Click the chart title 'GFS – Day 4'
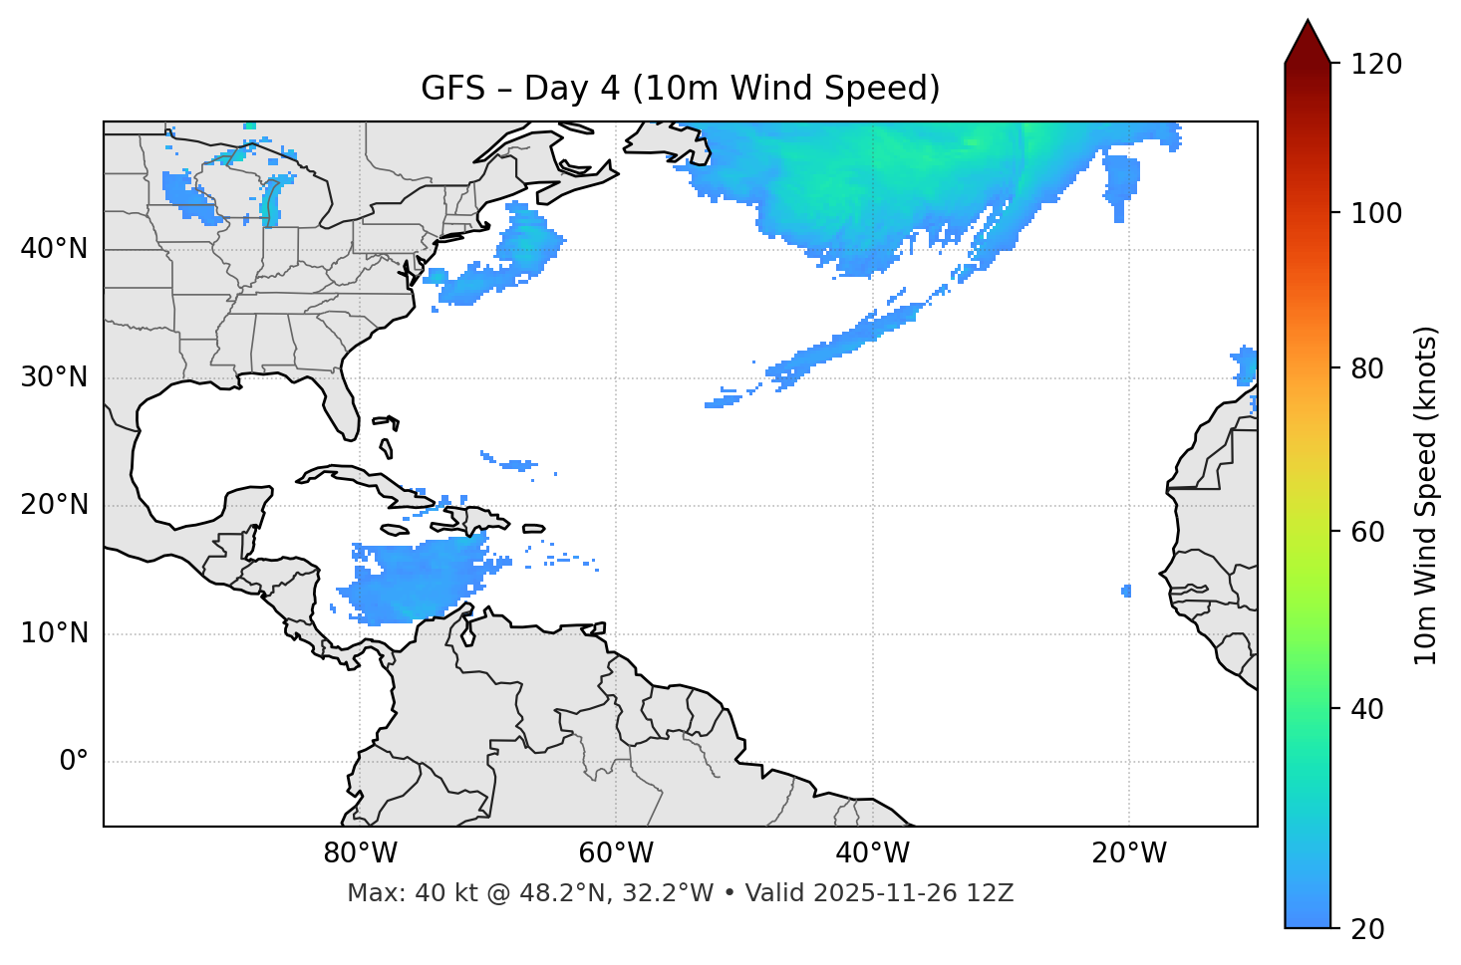coord(680,89)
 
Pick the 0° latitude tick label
coord(74,762)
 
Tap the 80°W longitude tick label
coord(360,853)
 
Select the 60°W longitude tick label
coord(616,853)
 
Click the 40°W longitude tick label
coord(872,853)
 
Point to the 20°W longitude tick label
coord(1128,853)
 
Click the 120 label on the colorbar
coord(1376,65)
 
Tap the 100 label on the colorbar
coord(1376,213)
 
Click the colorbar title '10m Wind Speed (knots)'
coord(1426,495)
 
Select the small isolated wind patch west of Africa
coord(1126,591)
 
